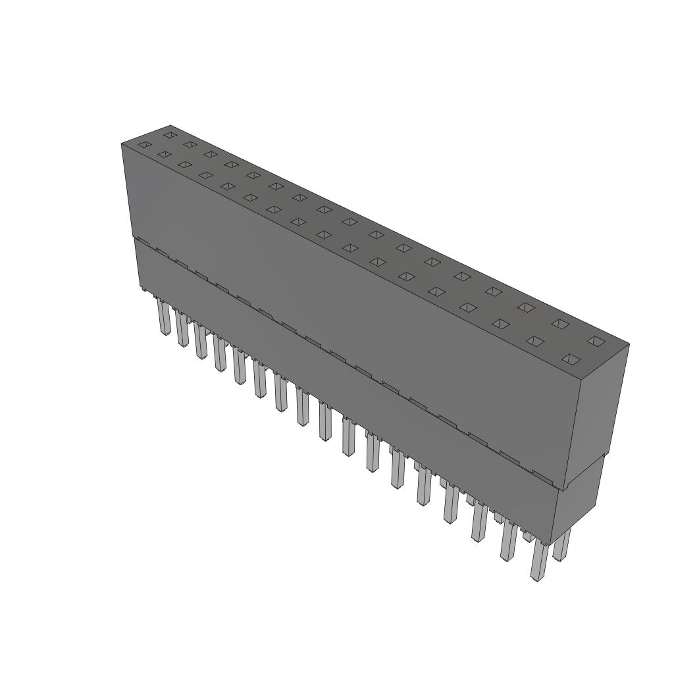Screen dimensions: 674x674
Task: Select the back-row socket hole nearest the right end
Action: point(595,340)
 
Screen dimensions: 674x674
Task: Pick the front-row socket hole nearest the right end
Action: point(571,359)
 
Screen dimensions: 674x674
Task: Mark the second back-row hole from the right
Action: point(560,323)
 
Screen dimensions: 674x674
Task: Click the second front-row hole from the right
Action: point(536,341)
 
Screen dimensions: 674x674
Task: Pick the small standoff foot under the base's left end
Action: point(143,288)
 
